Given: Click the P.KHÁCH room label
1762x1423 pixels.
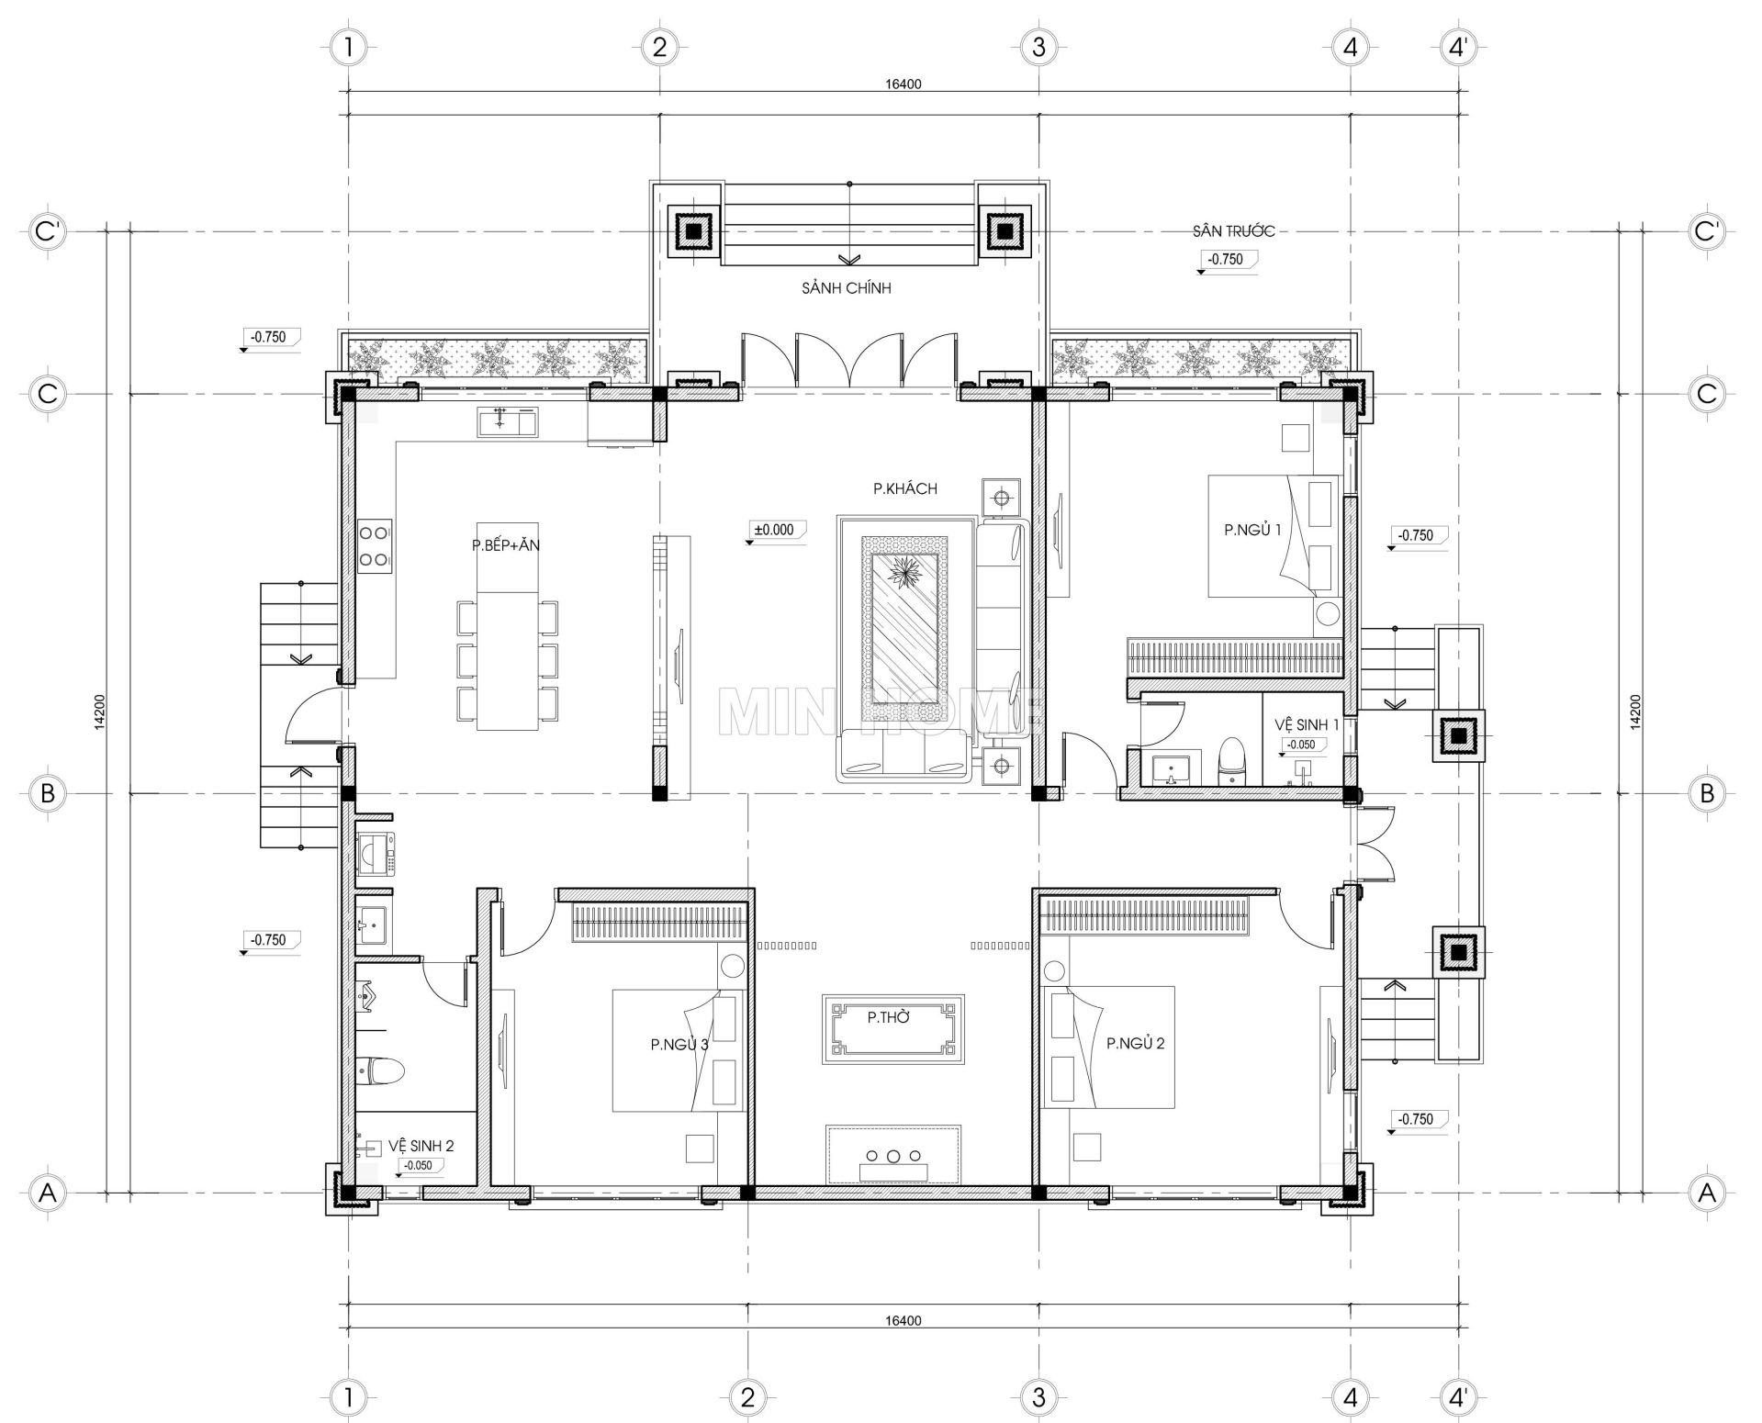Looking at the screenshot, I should pyautogui.click(x=904, y=489).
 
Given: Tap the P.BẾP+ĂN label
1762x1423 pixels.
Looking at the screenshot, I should pyautogui.click(x=506, y=545).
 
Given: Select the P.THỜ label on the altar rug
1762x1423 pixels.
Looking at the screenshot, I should pyautogui.click(x=888, y=1017).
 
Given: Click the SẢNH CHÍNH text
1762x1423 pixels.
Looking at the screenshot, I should pyautogui.click(x=846, y=288).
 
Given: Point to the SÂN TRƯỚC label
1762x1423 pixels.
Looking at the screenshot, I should pyautogui.click(x=1233, y=231).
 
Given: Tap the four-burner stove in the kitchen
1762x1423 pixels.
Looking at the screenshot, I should pyautogui.click(x=375, y=545).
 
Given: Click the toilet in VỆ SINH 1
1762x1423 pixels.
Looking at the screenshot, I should pyautogui.click(x=1231, y=762).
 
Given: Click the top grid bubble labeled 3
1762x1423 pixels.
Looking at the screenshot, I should pyautogui.click(x=1038, y=47).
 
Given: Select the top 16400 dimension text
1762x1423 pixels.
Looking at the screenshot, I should pyautogui.click(x=903, y=84).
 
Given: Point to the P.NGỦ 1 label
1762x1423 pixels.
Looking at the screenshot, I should pyautogui.click(x=1251, y=530).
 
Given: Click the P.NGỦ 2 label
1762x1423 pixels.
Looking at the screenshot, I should pyautogui.click(x=1135, y=1043).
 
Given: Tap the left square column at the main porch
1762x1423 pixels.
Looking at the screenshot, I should pyautogui.click(x=694, y=230).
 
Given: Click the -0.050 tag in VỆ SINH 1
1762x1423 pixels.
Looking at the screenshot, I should pyautogui.click(x=1300, y=745).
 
